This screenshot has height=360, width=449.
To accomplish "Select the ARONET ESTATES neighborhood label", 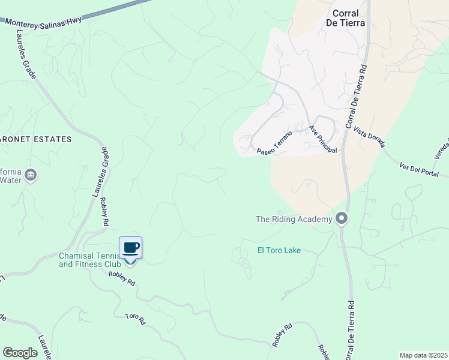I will click(x=35, y=139).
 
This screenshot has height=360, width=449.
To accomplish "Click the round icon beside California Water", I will click(x=31, y=175).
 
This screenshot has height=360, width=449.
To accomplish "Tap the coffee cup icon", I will click(x=131, y=247).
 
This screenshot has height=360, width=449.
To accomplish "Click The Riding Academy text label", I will click(x=294, y=219).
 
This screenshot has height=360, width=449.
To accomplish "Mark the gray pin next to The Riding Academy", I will click(x=342, y=218).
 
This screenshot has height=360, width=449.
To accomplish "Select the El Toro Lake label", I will click(x=279, y=250).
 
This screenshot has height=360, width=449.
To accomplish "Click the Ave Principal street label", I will click(x=322, y=139).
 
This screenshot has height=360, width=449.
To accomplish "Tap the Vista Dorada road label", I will click(x=369, y=137).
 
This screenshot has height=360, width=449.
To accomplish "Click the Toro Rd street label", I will click(x=136, y=319).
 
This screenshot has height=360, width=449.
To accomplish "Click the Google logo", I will click(x=20, y=352).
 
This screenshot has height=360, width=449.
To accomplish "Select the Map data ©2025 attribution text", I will click(x=423, y=355).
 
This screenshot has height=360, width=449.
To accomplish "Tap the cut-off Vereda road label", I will click(x=441, y=149).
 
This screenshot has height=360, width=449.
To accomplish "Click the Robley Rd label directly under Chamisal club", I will click(x=122, y=278).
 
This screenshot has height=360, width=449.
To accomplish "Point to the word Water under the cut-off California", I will click(x=10, y=179).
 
